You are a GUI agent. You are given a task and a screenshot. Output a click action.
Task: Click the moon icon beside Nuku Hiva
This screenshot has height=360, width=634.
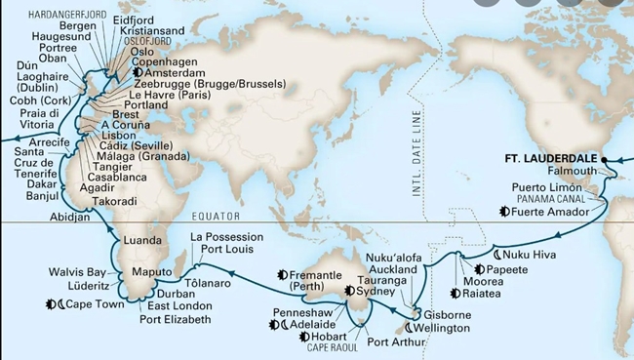point(498,251)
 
